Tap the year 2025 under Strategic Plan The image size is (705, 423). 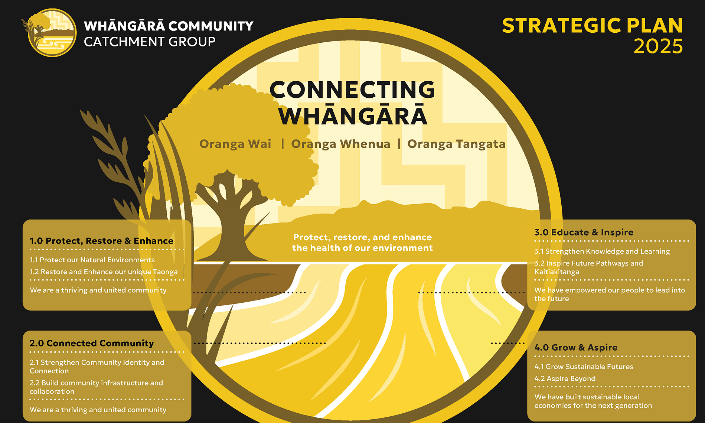tap(658, 46)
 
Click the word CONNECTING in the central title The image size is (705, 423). tap(352, 90)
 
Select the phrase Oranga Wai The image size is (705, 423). tap(235, 144)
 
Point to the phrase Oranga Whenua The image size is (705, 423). tap(340, 144)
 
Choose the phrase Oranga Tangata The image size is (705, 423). tap(456, 144)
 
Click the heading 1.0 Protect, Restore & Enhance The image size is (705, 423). tap(101, 241)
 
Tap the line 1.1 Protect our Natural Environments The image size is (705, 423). tap(92, 260)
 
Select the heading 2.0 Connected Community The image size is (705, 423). tap(92, 343)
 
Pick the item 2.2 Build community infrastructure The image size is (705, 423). tap(96, 387)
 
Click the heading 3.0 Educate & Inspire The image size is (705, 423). tap(584, 232)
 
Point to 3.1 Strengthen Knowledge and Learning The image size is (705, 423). tap(602, 251)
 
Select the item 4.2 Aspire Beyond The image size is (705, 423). tap(565, 378)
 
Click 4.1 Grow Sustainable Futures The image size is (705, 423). tap(584, 367)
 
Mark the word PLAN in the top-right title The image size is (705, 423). tap(655, 26)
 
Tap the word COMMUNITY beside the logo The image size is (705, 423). tap(211, 26)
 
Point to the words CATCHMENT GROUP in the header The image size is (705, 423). tap(150, 42)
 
